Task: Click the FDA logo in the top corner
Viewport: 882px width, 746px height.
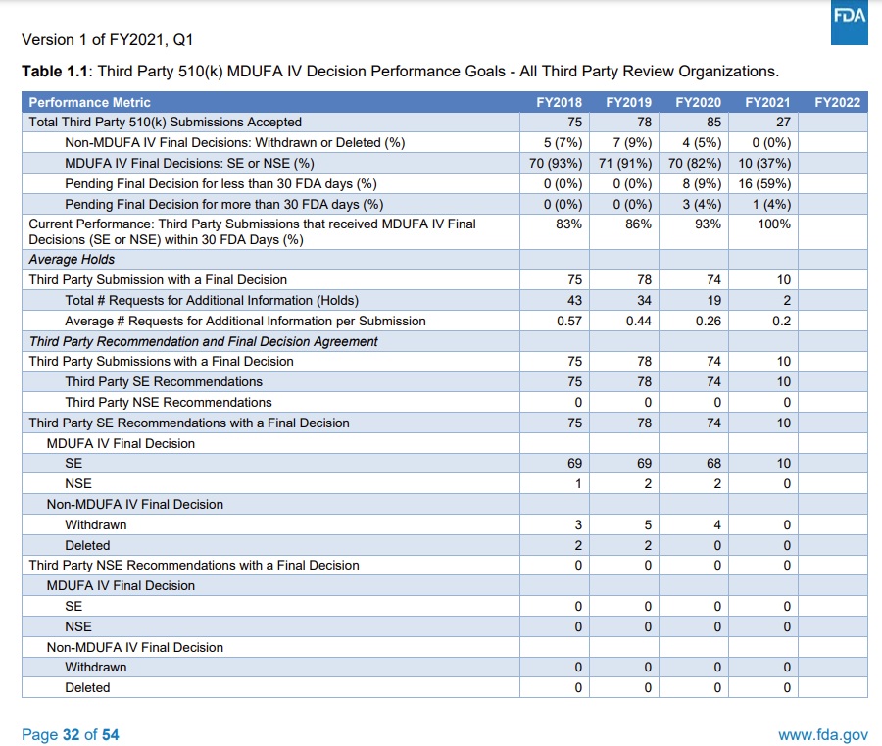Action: (848, 22)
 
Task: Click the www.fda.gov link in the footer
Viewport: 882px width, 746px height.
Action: (822, 734)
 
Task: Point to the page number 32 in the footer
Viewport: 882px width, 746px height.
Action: (71, 734)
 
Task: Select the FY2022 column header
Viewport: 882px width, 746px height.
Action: (837, 102)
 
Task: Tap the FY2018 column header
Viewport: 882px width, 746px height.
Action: (559, 102)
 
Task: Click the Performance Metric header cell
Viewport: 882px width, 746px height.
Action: (90, 102)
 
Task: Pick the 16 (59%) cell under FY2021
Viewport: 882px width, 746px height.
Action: (765, 183)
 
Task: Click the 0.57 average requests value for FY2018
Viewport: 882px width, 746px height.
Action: (569, 321)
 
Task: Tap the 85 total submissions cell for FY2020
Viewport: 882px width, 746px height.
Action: (713, 123)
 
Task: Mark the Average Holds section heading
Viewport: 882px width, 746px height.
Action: (72, 259)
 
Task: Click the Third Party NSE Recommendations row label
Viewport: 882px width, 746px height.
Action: (169, 402)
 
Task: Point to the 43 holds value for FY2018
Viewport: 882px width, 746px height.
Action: (574, 300)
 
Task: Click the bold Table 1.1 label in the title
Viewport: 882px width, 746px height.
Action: (56, 72)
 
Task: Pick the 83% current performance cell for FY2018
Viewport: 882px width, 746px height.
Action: (569, 224)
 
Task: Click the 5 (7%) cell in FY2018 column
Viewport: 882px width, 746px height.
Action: (563, 142)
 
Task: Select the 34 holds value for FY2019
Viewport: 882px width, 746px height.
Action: (644, 300)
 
